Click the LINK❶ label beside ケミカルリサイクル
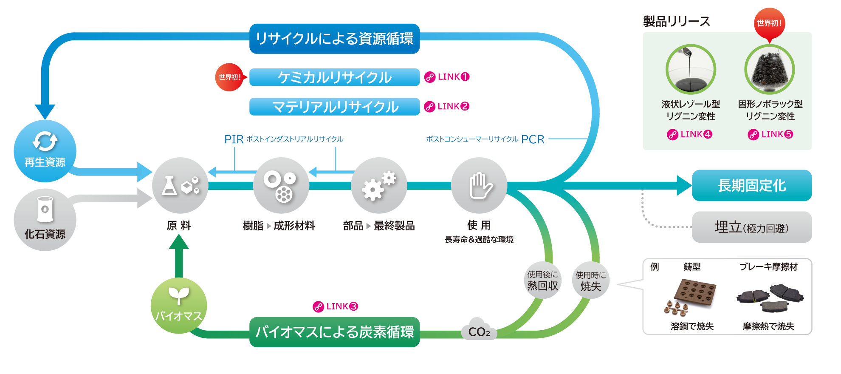(x=447, y=77)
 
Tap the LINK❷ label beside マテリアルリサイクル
(x=447, y=106)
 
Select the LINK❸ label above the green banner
(x=336, y=306)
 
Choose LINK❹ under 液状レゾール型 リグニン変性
(x=690, y=134)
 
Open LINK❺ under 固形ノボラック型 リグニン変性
(x=770, y=134)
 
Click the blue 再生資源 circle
(x=45, y=151)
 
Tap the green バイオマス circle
(x=179, y=306)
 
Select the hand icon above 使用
(x=479, y=185)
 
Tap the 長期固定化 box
(x=752, y=185)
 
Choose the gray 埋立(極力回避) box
(x=752, y=227)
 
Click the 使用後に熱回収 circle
(x=542, y=280)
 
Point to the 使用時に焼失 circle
(x=591, y=280)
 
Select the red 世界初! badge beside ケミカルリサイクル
(x=229, y=77)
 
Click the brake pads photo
(x=770, y=297)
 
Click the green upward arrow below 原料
(x=179, y=255)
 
